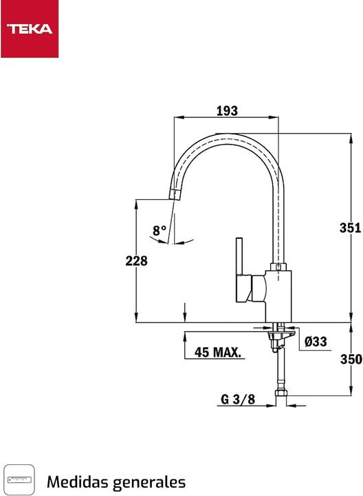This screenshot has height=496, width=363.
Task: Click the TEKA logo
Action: click(x=30, y=29)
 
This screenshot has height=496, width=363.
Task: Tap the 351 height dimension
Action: click(x=351, y=229)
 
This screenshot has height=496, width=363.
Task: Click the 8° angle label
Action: click(x=159, y=231)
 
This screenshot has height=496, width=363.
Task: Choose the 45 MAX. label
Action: click(x=218, y=353)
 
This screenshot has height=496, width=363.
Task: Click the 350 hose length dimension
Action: click(x=351, y=359)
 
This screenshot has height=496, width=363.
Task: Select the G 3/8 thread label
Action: click(x=238, y=399)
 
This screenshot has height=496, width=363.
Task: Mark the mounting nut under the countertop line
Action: click(x=278, y=338)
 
